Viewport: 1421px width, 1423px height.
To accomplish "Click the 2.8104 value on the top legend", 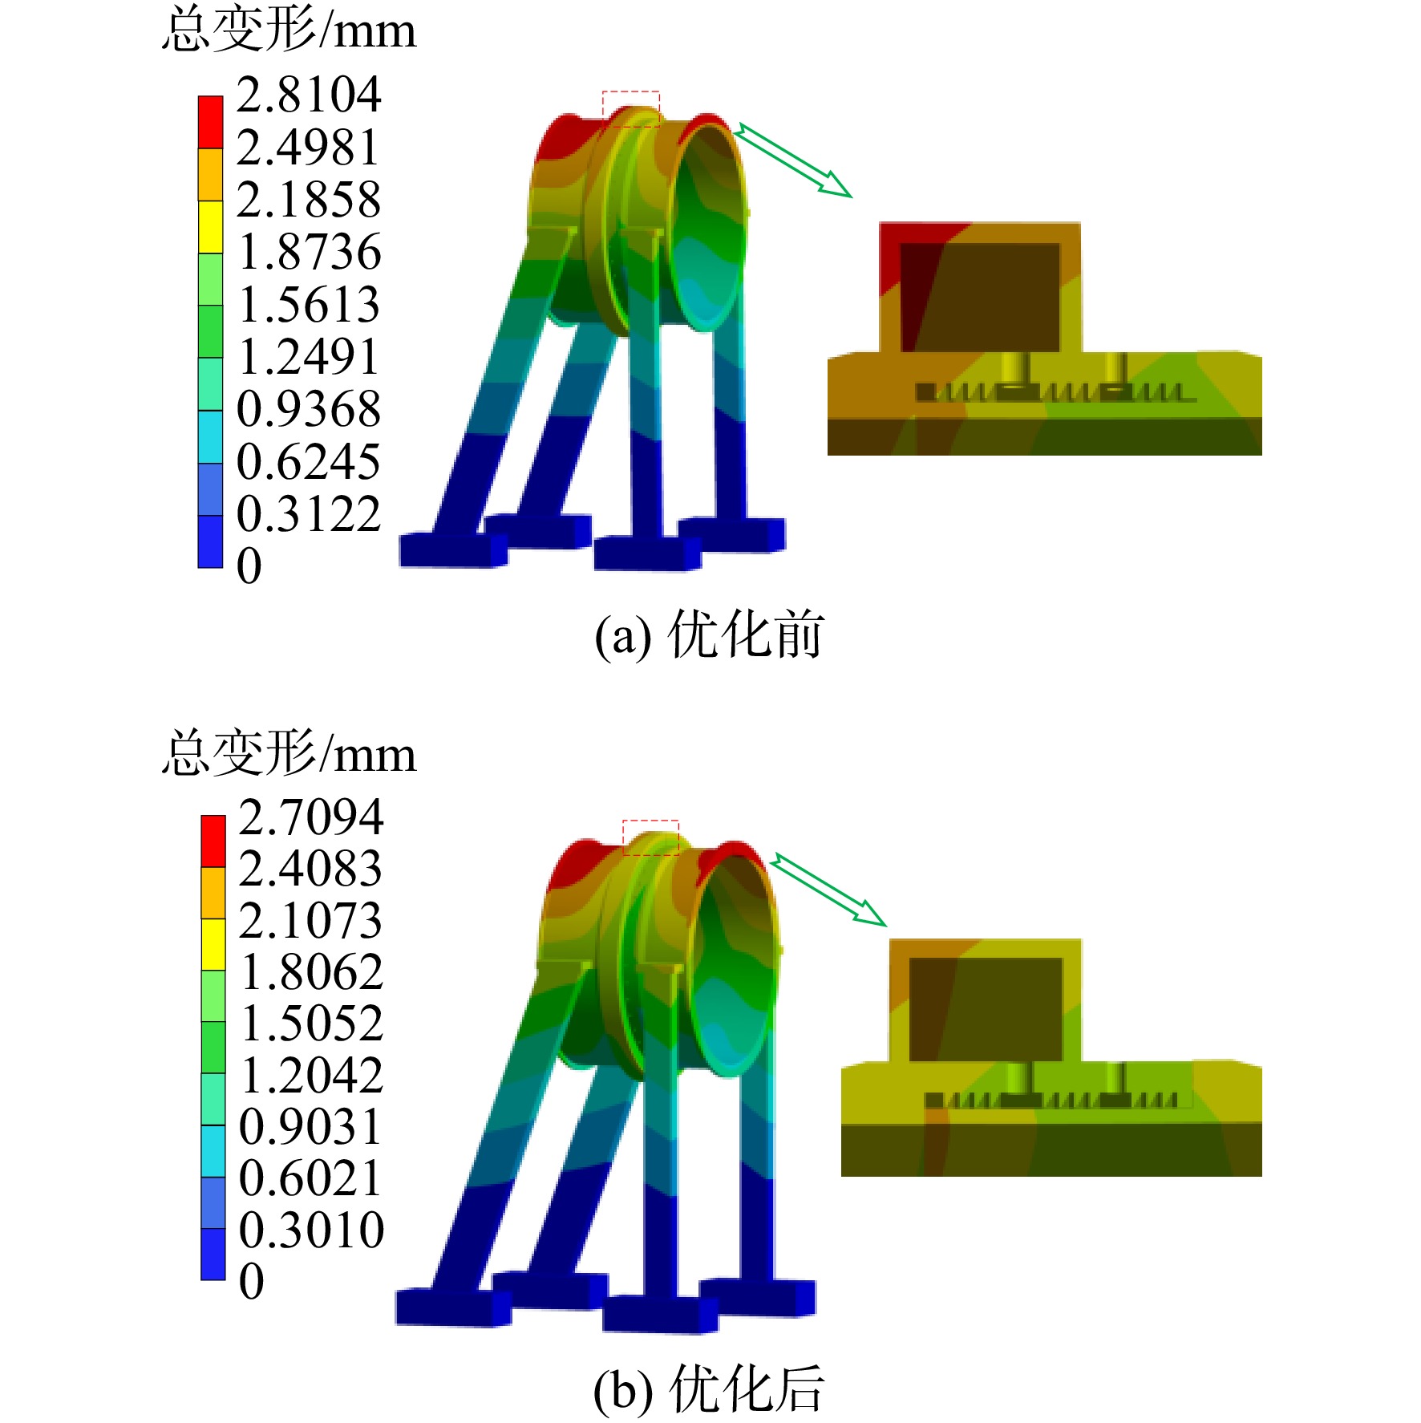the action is coord(309,95).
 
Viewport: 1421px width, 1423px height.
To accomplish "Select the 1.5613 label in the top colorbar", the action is coord(309,305).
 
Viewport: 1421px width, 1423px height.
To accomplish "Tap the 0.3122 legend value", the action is coord(309,514).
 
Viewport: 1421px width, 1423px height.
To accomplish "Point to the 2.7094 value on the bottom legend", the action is coord(311,817).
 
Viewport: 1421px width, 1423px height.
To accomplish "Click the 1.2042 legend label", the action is coord(312,1075).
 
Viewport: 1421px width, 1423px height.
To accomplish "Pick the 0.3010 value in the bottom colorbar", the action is coord(312,1229).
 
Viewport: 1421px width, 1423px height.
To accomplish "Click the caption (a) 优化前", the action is coord(709,634).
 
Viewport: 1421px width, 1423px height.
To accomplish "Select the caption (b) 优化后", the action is coord(709,1389).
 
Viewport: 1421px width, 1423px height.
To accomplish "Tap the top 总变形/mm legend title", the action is coord(289,30).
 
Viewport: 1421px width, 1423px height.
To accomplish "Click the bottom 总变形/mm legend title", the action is coord(289,753).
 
